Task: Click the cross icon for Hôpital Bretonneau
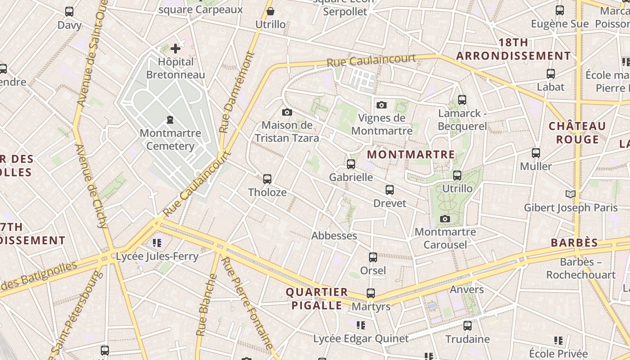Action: (x=175, y=48)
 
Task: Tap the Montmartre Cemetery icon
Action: (x=170, y=120)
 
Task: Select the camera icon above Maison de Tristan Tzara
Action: (x=287, y=112)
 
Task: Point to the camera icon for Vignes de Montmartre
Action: (x=382, y=105)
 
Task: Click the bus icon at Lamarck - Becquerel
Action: (x=462, y=100)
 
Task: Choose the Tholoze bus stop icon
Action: (x=267, y=179)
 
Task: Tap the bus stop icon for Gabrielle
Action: (x=351, y=164)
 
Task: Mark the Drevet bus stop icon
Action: (x=390, y=190)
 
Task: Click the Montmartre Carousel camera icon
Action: (x=445, y=219)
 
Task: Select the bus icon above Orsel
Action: (x=373, y=257)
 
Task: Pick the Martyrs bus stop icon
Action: (x=371, y=293)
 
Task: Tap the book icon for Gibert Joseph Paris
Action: (x=571, y=194)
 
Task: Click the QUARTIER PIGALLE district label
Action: (x=317, y=299)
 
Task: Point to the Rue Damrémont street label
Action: (x=237, y=92)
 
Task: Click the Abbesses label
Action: (x=334, y=236)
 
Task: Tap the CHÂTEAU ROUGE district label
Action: (x=577, y=133)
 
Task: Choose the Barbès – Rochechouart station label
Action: (x=581, y=268)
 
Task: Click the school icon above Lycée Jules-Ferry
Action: (x=157, y=243)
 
